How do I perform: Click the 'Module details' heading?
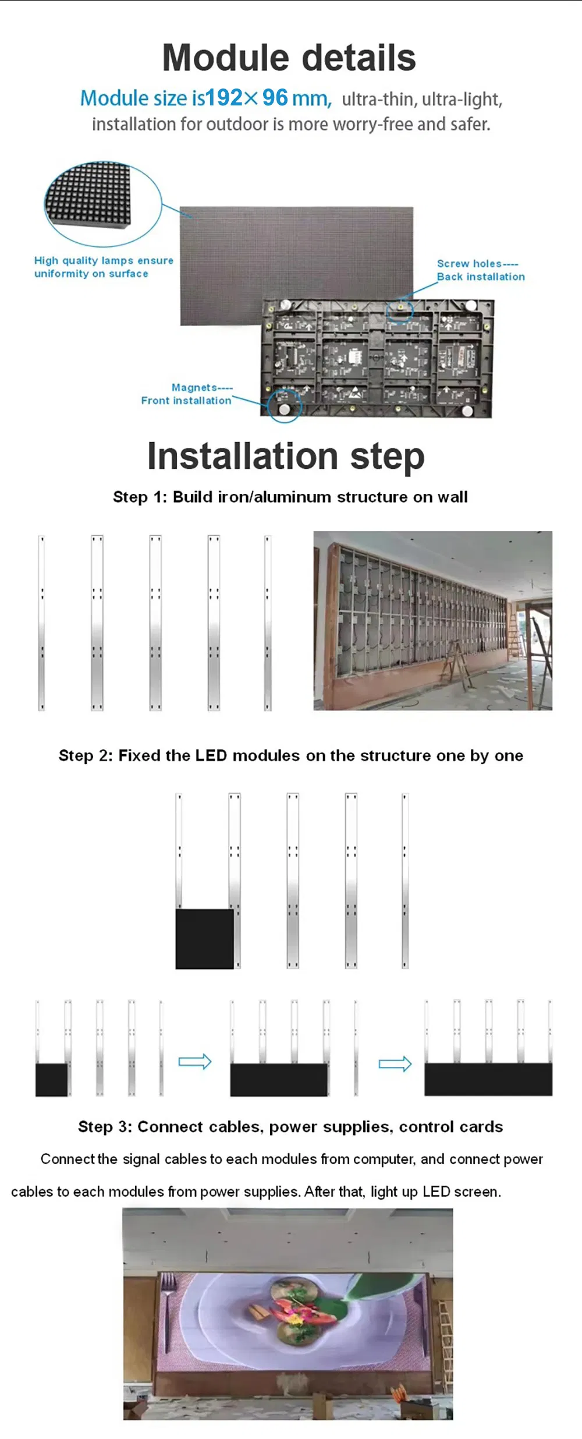click(289, 58)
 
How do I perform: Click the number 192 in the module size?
click(224, 98)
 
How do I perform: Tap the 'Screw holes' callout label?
click(481, 270)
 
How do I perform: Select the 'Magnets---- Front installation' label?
click(186, 394)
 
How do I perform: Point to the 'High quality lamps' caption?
click(104, 267)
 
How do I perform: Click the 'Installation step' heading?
click(286, 456)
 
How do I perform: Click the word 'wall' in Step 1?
click(453, 497)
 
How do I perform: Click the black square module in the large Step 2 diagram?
click(205, 939)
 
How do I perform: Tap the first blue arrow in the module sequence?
click(195, 1062)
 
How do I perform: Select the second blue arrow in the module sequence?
click(395, 1065)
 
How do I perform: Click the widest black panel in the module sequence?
click(488, 1080)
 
